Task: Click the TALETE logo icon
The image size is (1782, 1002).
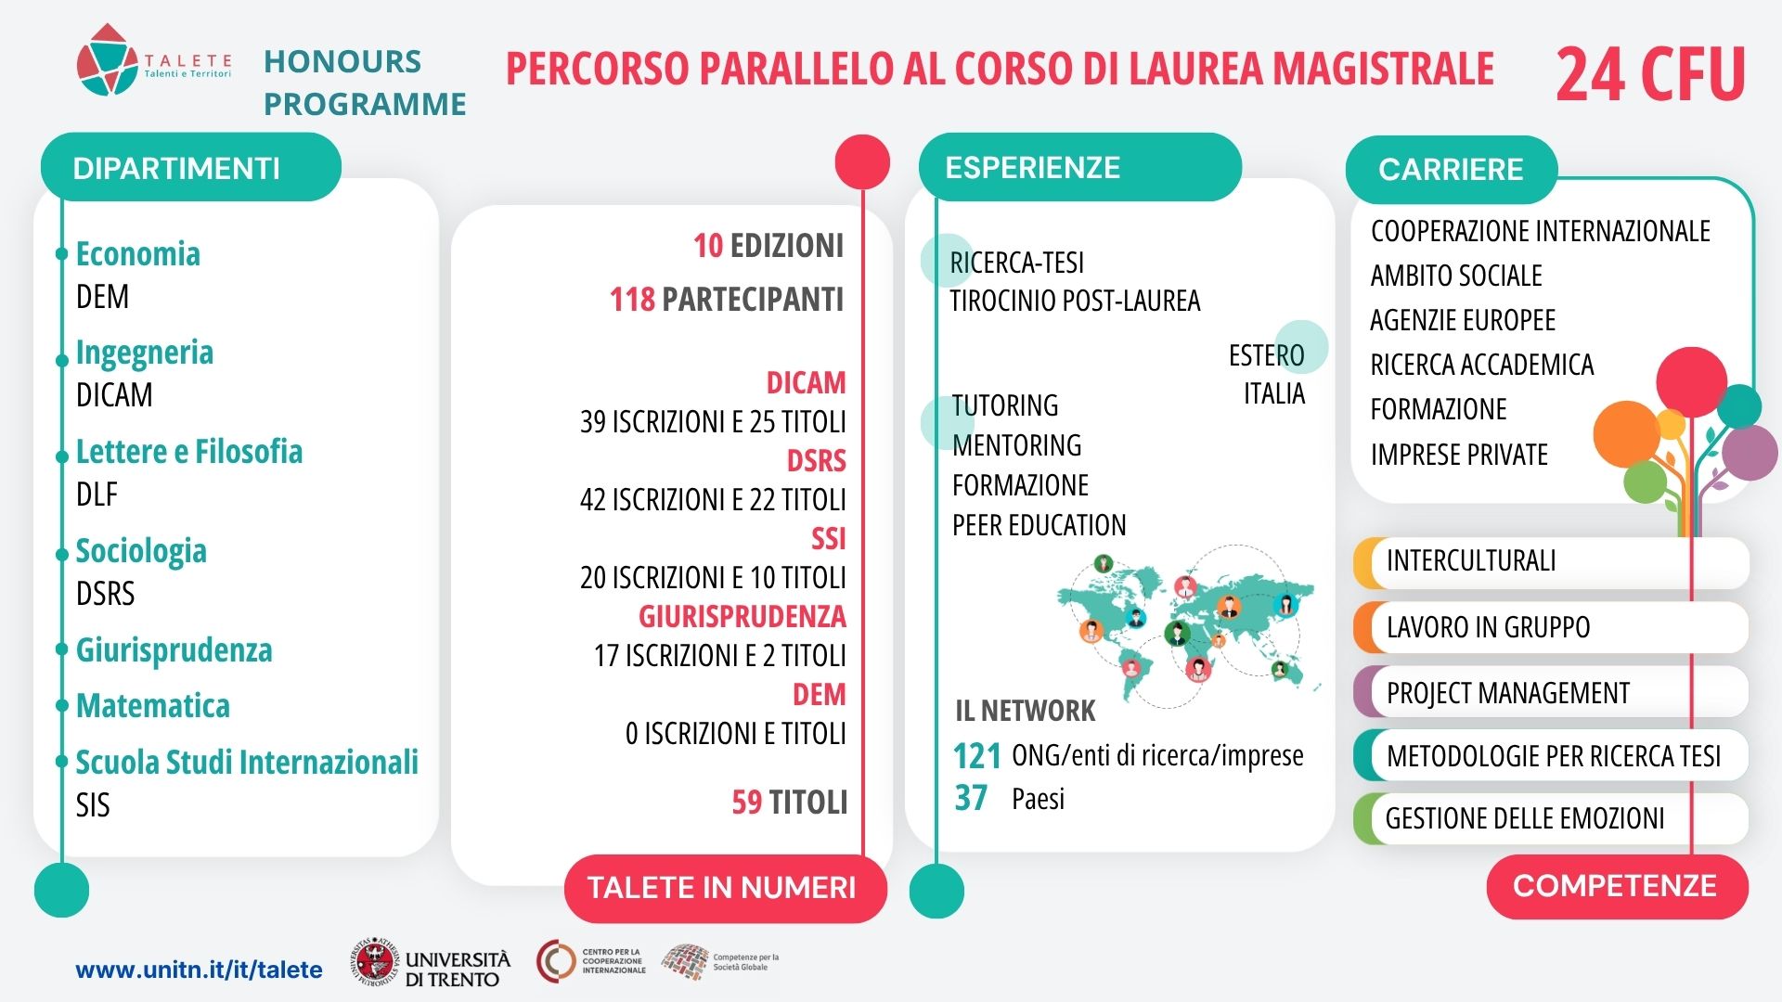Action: pos(107,59)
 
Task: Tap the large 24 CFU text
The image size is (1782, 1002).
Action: pos(1651,74)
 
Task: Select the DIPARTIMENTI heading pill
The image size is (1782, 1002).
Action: pos(191,167)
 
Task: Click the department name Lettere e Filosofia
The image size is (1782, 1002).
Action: pos(189,452)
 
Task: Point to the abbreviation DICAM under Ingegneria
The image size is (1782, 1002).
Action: pos(114,395)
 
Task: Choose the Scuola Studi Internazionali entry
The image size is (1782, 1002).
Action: pos(247,762)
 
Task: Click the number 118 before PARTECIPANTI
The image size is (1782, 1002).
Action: pos(632,300)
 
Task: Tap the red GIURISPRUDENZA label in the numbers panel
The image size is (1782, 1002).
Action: pos(742,616)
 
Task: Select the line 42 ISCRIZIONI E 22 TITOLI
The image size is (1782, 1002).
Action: pos(713,499)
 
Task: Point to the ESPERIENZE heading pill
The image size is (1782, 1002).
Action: pos(1080,167)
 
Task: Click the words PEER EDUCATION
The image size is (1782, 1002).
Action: pos(1039,525)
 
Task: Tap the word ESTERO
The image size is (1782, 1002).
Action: pos(1267,355)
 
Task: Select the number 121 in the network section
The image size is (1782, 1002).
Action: pos(977,756)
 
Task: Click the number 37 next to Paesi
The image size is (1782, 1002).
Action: pos(971,798)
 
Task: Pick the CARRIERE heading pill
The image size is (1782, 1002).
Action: pos(1451,170)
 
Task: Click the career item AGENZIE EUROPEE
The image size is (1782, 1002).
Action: pos(1463,320)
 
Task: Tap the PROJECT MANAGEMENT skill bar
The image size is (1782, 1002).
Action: pos(1551,692)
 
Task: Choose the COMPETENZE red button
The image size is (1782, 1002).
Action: pos(1617,886)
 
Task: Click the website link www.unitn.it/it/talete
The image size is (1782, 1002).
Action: pos(199,970)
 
